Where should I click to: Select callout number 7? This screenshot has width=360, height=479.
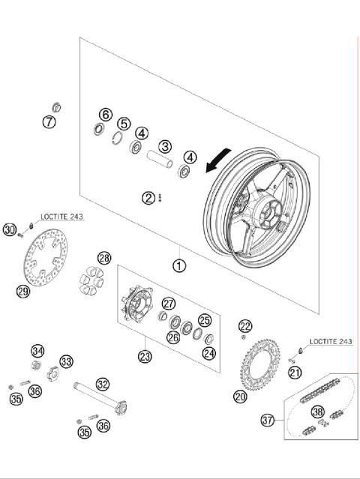[x=49, y=121]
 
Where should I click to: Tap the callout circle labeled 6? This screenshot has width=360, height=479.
[x=105, y=115]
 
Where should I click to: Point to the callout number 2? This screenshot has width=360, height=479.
[x=150, y=198]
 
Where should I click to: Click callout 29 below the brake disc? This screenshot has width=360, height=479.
[x=23, y=291]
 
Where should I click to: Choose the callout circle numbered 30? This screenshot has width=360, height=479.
[x=10, y=229]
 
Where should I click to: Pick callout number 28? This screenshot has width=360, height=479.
[x=104, y=259]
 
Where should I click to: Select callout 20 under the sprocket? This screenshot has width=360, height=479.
[x=239, y=396]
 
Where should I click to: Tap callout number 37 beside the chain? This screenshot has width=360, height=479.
[x=268, y=421]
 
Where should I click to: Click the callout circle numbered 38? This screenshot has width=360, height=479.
[x=317, y=412]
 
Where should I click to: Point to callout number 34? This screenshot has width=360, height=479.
[x=37, y=351]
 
